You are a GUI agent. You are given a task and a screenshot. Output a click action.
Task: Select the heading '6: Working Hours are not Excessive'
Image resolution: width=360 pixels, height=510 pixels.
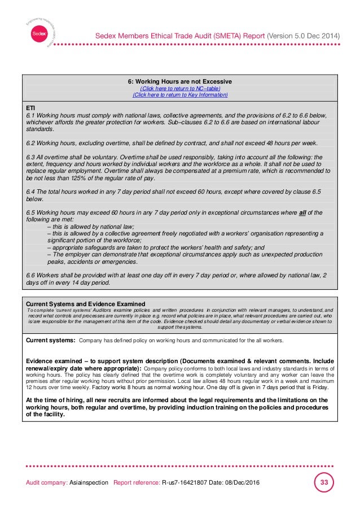pyautogui.click(x=180, y=82)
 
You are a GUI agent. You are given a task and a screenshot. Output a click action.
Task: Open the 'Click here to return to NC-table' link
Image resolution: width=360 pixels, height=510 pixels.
pyautogui.click(x=180, y=89)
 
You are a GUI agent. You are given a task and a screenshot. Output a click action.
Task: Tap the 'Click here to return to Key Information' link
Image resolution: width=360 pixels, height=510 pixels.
pyautogui.click(x=180, y=95)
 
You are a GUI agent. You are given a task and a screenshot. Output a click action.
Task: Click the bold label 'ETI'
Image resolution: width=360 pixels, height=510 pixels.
pyautogui.click(x=31, y=107)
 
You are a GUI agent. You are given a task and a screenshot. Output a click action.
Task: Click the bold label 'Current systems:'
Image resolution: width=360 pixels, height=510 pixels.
pyautogui.click(x=51, y=341)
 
